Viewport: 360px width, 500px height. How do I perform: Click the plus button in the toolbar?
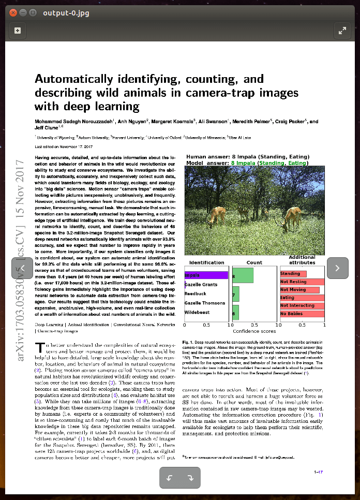18,31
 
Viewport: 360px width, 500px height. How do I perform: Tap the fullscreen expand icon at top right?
342,31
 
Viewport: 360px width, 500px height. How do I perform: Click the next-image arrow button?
338,268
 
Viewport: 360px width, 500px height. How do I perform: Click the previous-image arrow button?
22,268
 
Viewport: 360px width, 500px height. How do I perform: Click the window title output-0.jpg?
65,12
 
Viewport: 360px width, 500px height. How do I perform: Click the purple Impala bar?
206,275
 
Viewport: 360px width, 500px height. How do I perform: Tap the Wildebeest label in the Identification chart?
197,313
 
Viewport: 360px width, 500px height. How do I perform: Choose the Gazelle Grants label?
201,285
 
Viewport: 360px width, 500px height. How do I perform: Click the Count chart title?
254,262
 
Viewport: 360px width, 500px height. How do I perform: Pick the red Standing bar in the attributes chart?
293,274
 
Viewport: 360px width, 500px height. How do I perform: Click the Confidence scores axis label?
254,331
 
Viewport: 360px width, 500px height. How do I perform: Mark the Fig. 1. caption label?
187,342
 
